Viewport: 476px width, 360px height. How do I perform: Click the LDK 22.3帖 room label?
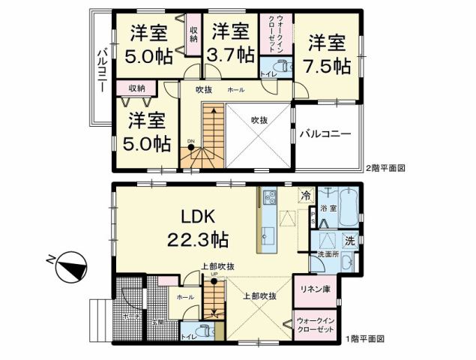tap(197, 228)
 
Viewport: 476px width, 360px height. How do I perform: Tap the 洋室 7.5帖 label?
tap(327, 53)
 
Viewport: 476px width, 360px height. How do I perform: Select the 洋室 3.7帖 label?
tap(230, 43)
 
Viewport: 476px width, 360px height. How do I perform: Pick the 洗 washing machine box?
tap(349, 241)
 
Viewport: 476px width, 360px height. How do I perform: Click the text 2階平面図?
tap(386, 168)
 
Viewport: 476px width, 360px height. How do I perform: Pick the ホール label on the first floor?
tap(184, 297)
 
